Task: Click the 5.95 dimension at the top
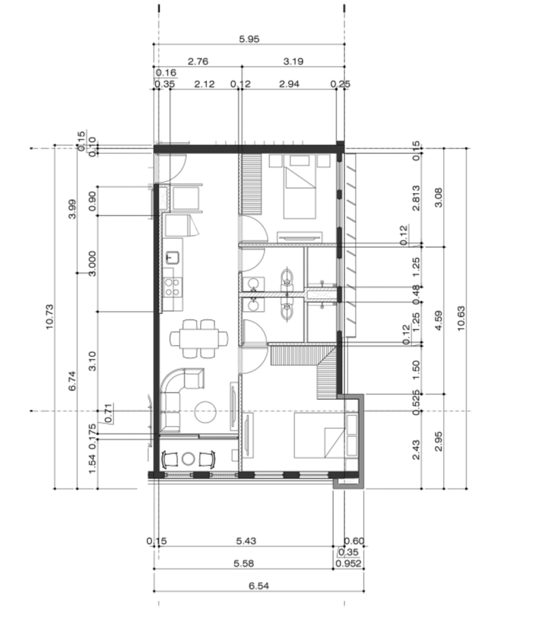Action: tap(249, 39)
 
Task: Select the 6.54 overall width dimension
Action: tap(259, 586)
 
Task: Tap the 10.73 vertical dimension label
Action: tap(49, 317)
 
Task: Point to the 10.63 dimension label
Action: tap(461, 319)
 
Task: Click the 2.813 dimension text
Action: tap(416, 198)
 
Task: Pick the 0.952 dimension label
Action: tap(348, 563)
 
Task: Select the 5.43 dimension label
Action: tap(246, 541)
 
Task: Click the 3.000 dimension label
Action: tap(92, 264)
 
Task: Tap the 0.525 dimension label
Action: tap(416, 403)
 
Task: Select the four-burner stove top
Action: tap(172, 287)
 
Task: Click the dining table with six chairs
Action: tap(199, 338)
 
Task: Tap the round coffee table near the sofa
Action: tap(205, 412)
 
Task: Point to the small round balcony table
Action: tap(188, 459)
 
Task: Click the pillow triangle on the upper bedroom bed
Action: tap(300, 177)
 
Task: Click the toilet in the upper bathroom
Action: tap(287, 277)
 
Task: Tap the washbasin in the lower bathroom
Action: tap(253, 305)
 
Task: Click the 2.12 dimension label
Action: tap(204, 84)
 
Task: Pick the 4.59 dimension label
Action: tap(438, 320)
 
